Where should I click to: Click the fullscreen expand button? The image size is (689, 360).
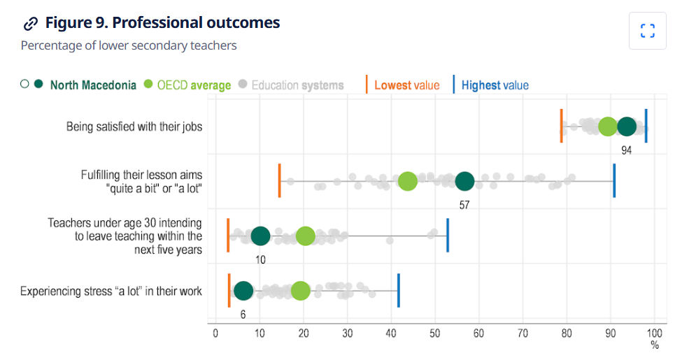click(x=647, y=31)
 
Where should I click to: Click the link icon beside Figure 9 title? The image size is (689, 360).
click(x=30, y=24)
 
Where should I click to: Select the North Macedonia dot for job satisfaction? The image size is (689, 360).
click(x=627, y=127)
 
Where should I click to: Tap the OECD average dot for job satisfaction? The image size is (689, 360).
click(x=608, y=127)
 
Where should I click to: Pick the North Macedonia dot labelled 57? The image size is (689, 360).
click(x=464, y=182)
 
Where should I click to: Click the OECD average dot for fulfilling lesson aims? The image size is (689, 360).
click(x=408, y=182)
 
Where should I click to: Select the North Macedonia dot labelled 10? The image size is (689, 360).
click(x=260, y=236)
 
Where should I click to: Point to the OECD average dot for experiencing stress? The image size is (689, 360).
click(x=300, y=291)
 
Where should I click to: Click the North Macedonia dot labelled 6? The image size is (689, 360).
click(x=243, y=291)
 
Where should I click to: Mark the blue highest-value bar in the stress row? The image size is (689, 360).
click(x=399, y=291)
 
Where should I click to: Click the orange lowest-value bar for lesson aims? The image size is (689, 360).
click(x=280, y=181)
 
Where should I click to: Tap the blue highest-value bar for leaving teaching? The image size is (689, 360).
click(x=448, y=236)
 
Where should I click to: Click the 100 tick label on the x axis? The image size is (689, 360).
click(x=654, y=333)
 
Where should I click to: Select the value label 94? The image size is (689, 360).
click(x=626, y=150)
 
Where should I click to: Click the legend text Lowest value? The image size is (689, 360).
click(x=406, y=85)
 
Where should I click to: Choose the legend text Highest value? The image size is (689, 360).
click(x=495, y=85)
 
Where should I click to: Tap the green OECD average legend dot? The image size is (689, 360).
click(x=148, y=85)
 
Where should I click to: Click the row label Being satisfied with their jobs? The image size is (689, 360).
click(x=134, y=127)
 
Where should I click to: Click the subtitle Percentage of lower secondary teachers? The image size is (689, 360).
click(x=129, y=45)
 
